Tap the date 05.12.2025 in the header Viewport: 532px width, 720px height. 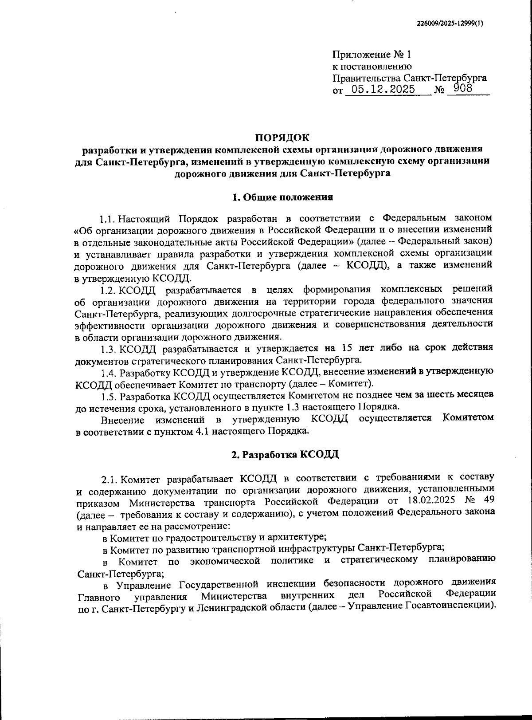click(380, 90)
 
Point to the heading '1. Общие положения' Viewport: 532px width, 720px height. click(283, 197)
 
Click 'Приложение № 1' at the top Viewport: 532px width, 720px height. click(372, 55)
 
